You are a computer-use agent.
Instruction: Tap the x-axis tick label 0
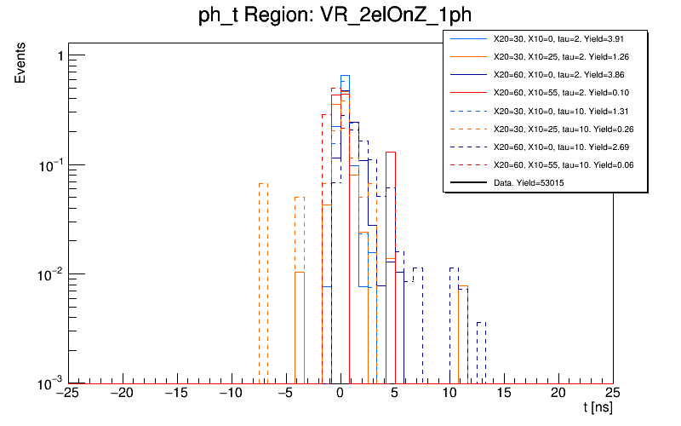pyautogui.click(x=340, y=393)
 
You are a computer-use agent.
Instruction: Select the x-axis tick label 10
pyautogui.click(x=449, y=393)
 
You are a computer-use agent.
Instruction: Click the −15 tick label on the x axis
pyautogui.click(x=176, y=393)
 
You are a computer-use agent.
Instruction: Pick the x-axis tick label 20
pyautogui.click(x=558, y=393)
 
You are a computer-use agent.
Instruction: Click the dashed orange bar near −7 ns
pyautogui.click(x=263, y=281)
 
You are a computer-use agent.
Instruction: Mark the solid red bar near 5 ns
pyautogui.click(x=390, y=264)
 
